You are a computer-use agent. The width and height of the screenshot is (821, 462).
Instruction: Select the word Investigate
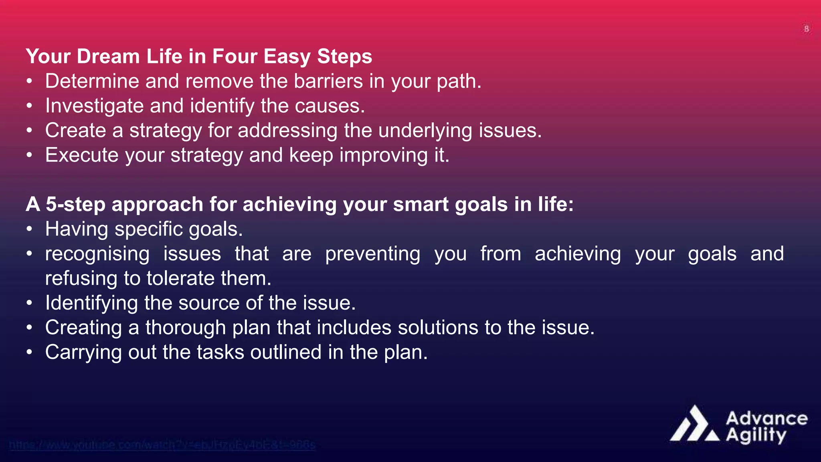(94, 106)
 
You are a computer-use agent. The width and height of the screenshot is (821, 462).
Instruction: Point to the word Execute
(82, 155)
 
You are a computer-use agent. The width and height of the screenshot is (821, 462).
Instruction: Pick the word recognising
(97, 254)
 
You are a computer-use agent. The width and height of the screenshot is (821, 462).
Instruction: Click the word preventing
(373, 254)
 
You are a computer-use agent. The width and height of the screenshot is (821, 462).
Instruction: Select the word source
(209, 303)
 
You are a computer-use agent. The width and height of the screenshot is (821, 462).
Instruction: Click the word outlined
(286, 352)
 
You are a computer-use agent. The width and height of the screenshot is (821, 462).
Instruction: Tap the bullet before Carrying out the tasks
(29, 352)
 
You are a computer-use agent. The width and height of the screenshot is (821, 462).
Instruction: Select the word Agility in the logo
(756, 435)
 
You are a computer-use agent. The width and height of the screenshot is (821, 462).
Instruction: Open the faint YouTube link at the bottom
(162, 445)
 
